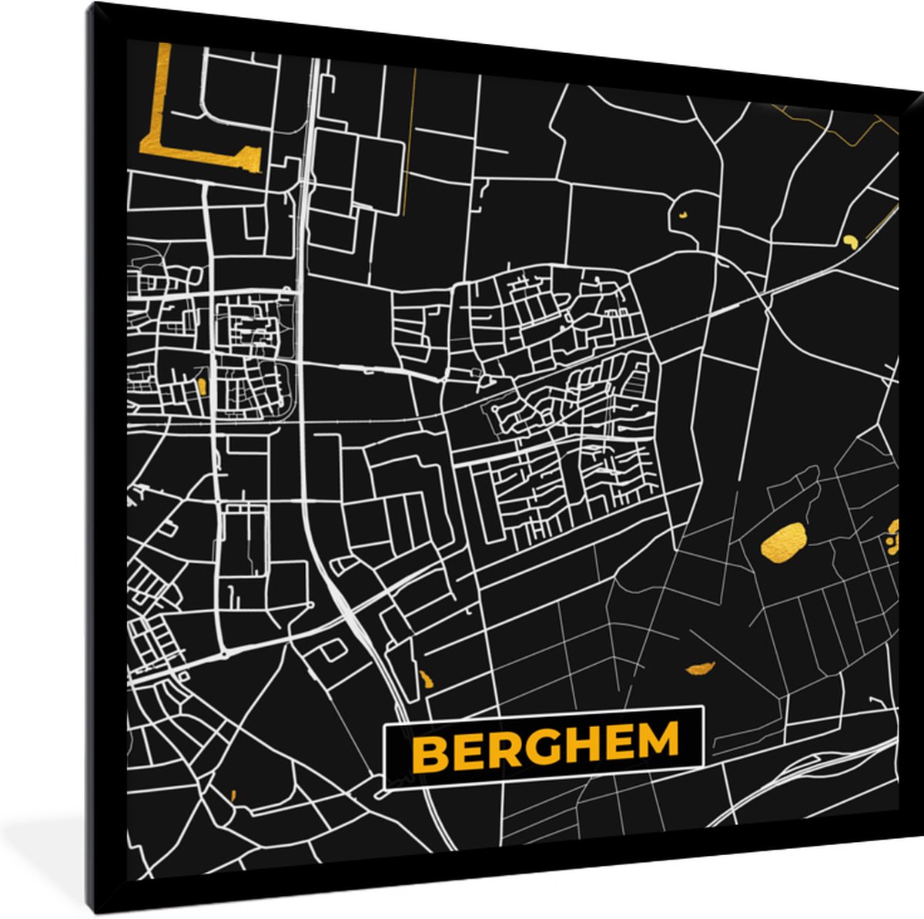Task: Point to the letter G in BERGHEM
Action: point(540,746)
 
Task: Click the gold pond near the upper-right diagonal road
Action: point(850,241)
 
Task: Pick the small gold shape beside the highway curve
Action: point(426,680)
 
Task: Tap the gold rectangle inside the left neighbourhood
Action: point(203,386)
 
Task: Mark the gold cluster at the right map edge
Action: point(892,535)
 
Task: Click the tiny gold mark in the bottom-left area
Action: point(233,795)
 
